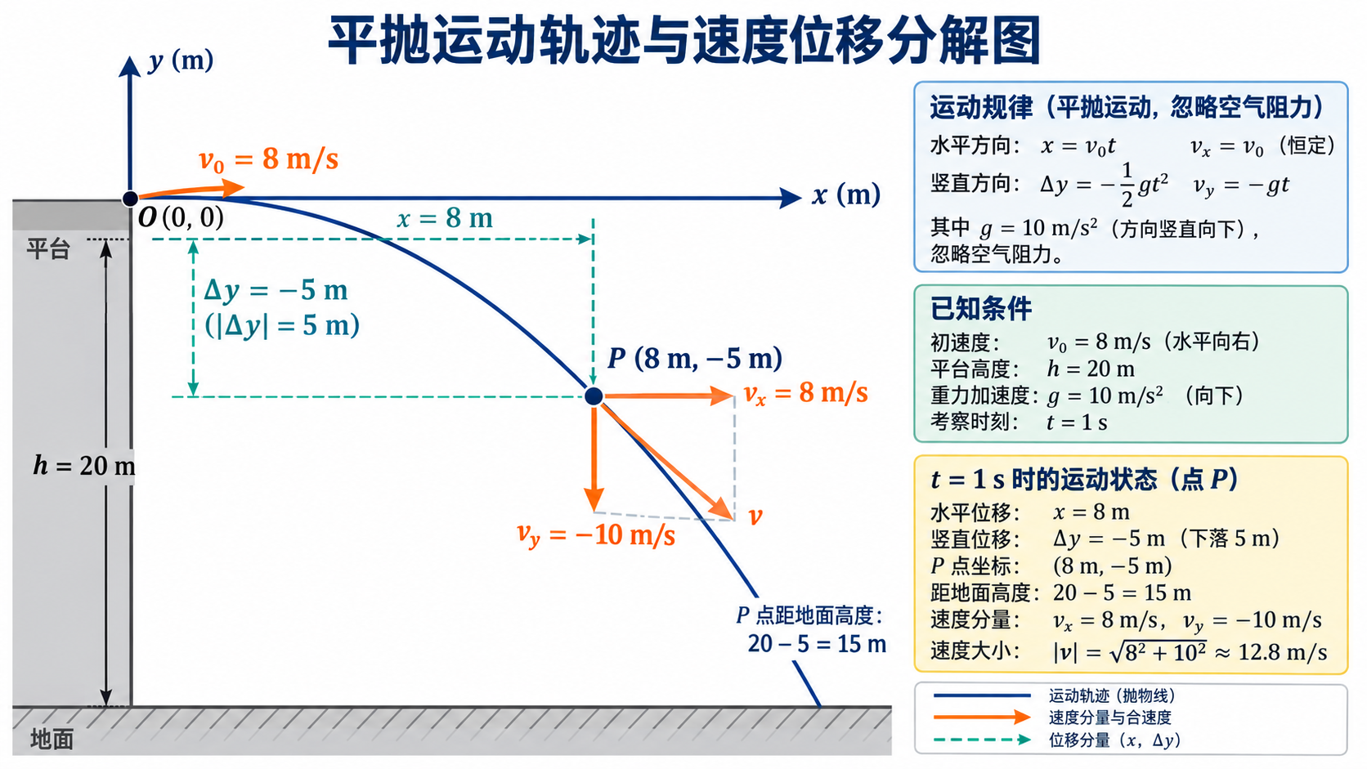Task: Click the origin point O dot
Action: pos(130,199)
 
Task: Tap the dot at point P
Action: pos(594,396)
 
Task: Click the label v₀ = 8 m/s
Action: pos(268,160)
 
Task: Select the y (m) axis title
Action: pos(182,61)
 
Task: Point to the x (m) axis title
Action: pos(846,195)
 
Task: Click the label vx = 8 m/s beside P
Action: pos(805,393)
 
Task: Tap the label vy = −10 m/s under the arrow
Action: pos(596,535)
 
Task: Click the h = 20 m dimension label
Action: pos(84,466)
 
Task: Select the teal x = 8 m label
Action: pos(445,218)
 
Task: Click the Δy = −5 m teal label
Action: pos(276,291)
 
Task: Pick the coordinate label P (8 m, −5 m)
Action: pos(695,359)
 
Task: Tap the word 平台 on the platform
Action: pos(48,248)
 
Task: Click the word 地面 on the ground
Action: pos(52,740)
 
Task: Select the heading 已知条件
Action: pos(981,309)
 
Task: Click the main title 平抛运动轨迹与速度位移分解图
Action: pos(684,41)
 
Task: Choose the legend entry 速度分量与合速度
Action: pos(1110,718)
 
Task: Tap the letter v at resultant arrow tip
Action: pos(755,517)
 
